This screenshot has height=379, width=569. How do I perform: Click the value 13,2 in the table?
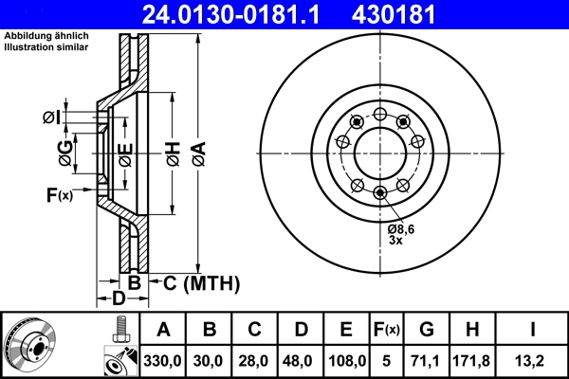tap(533, 361)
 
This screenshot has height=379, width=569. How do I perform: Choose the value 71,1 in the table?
tap(426, 361)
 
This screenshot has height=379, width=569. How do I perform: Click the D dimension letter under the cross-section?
tap(119, 299)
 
